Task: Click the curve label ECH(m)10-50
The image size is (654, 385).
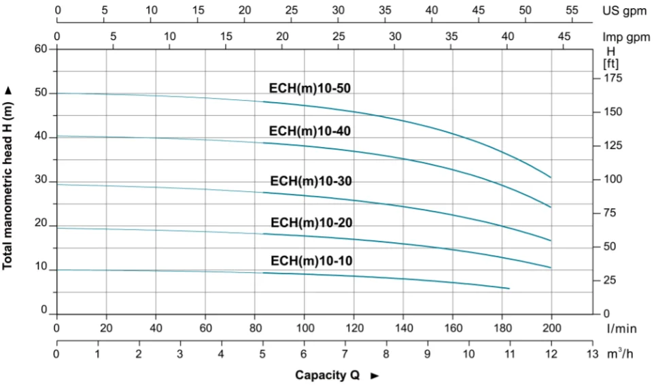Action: pos(310,88)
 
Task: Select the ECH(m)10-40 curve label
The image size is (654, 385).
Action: pos(311,131)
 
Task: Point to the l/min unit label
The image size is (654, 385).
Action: pos(622,329)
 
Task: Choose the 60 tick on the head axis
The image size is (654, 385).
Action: pos(41,49)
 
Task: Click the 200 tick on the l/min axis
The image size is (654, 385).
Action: pos(551,328)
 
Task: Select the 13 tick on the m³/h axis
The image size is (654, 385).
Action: pos(592,354)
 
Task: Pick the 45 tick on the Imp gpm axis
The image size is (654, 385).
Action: pos(564,37)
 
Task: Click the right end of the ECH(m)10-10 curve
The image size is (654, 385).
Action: pos(509,289)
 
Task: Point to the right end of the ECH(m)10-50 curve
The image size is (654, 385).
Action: pos(551,178)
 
